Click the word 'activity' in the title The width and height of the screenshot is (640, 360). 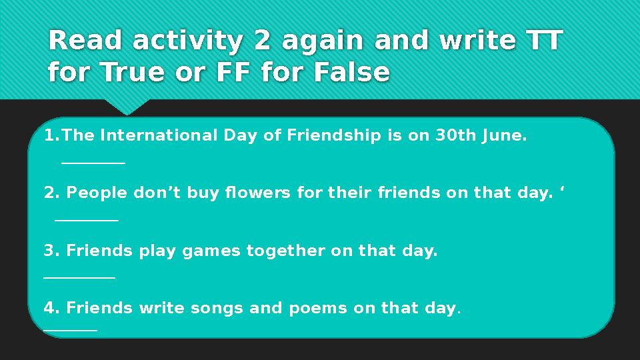coord(188,41)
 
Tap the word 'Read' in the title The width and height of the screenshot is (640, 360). coord(85,41)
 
